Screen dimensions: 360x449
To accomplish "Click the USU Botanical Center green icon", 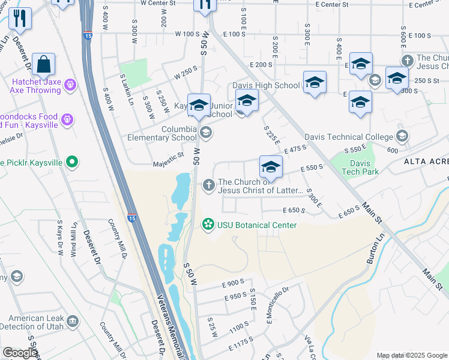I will point(208,224).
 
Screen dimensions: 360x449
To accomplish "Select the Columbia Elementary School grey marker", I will point(206,133).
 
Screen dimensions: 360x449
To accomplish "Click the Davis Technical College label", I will point(348,137).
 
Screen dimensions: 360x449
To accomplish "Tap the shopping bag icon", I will point(44,65).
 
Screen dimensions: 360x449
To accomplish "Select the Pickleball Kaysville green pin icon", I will point(72,161).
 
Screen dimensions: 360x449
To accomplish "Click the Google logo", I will point(20,353).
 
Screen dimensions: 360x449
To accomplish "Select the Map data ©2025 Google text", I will point(411,355).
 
